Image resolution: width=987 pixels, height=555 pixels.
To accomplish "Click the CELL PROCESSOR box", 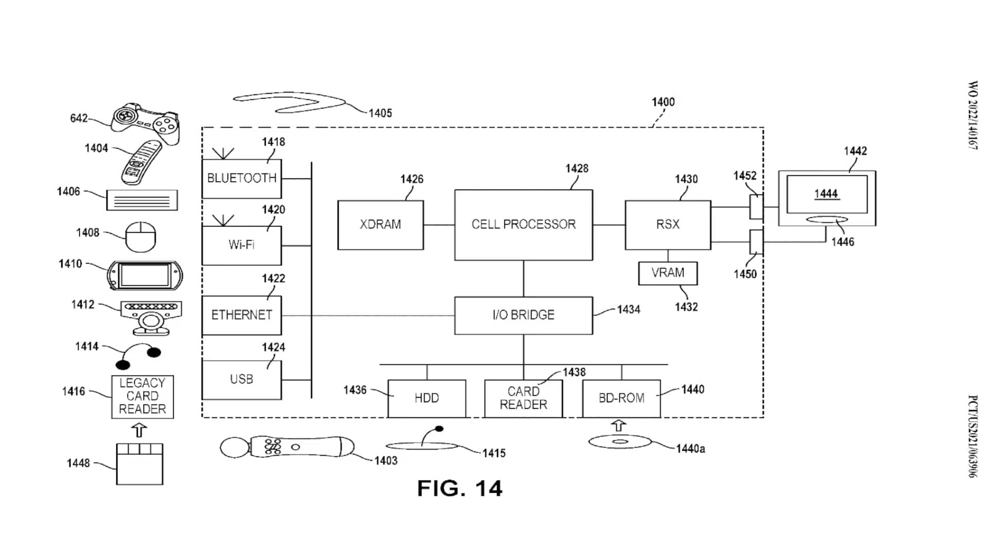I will click(x=523, y=225).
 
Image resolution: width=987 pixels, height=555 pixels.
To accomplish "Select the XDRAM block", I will click(x=380, y=225).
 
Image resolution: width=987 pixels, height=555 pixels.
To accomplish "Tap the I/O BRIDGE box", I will click(x=523, y=315).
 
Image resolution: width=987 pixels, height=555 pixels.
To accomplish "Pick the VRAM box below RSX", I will click(x=668, y=273).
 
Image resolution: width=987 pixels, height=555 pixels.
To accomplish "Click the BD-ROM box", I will click(x=621, y=398).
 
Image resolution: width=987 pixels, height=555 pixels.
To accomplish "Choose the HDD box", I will click(x=427, y=398).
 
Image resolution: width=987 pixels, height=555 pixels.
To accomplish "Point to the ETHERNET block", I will click(x=242, y=315).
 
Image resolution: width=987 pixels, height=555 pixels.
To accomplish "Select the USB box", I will click(x=242, y=379).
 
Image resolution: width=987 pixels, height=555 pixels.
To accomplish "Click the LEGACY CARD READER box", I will click(x=142, y=396).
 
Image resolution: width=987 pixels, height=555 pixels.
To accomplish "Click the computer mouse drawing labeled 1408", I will click(x=141, y=237).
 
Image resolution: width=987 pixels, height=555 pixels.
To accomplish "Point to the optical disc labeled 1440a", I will click(x=620, y=441).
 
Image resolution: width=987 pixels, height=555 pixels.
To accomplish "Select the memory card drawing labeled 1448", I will click(x=139, y=464).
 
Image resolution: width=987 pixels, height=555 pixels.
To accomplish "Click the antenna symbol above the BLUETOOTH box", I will click(x=223, y=153).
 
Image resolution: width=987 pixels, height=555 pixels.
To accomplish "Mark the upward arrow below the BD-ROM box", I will click(x=619, y=425).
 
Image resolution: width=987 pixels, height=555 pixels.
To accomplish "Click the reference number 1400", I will click(x=663, y=102).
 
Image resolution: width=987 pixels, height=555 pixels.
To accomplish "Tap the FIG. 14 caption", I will click(x=460, y=488).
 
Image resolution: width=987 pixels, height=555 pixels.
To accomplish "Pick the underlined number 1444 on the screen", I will click(x=826, y=194).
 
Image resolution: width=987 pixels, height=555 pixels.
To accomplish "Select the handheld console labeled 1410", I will click(x=144, y=275).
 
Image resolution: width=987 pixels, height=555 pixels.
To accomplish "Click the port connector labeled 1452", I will click(x=756, y=207).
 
